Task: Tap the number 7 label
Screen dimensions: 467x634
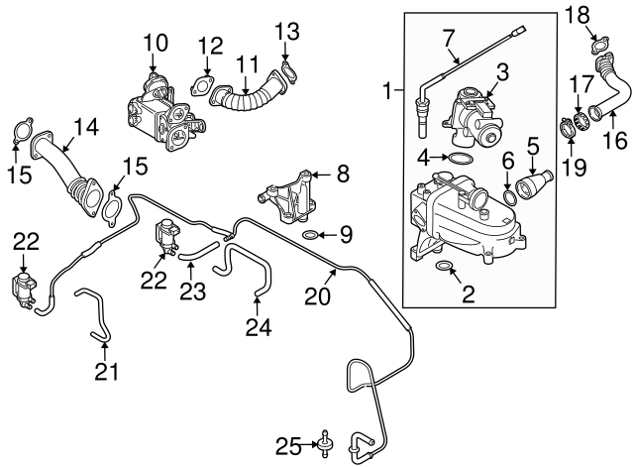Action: (449, 39)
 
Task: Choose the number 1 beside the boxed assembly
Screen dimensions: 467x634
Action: (388, 93)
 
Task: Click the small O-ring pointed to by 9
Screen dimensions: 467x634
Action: (310, 236)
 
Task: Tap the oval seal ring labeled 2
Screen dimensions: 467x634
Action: (445, 267)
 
